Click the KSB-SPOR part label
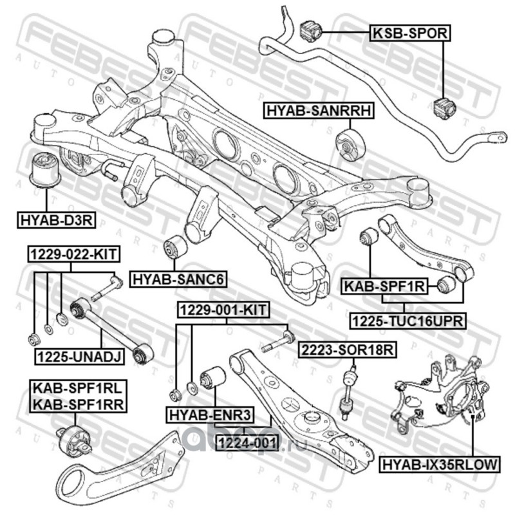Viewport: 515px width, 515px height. tap(410, 33)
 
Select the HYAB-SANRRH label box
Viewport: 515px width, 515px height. tap(319, 110)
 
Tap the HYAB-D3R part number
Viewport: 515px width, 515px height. tap(56, 220)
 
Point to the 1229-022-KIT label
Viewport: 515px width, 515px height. tap(74, 254)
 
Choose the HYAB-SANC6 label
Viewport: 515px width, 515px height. tap(178, 279)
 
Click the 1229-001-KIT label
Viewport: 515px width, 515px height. tap(223, 310)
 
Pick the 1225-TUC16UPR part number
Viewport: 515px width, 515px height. tap(407, 321)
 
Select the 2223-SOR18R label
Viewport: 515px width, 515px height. tap(347, 350)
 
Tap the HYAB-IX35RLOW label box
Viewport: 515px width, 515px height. tap(440, 464)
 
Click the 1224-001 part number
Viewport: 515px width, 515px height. tap(247, 444)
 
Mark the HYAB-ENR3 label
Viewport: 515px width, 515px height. tap(211, 415)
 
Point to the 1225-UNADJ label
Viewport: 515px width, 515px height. tap(80, 357)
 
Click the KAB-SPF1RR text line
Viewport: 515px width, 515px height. tap(79, 405)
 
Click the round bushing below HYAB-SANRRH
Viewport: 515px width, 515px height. tap(350, 145)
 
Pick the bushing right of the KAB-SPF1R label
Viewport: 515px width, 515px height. tap(446, 285)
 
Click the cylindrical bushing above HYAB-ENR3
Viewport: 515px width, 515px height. tap(213, 377)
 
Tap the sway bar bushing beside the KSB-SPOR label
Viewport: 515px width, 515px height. tap(310, 31)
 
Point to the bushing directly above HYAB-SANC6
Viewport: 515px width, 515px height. tap(175, 247)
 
